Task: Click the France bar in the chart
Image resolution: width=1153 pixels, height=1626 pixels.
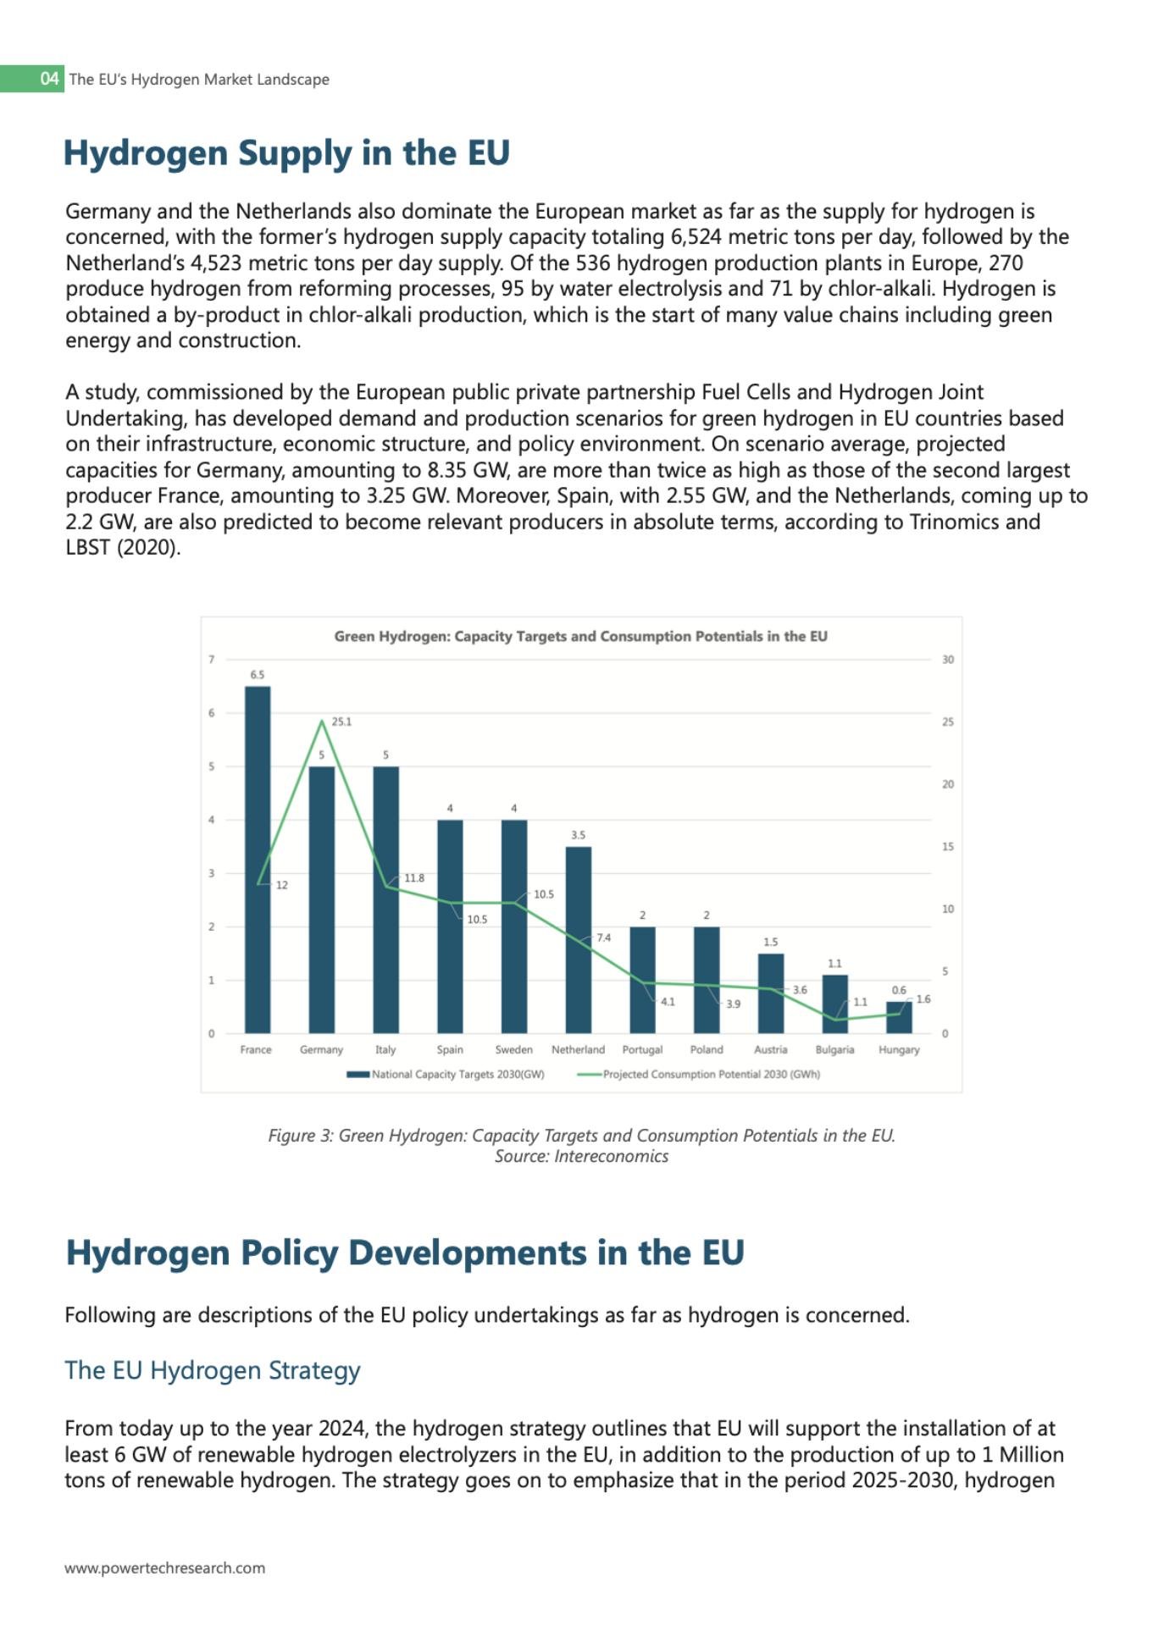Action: [x=258, y=859]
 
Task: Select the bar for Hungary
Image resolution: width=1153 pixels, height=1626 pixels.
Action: [x=899, y=1017]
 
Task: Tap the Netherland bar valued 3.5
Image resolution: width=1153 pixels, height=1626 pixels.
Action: [x=578, y=939]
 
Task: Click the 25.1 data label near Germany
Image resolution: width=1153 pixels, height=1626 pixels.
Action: [x=341, y=722]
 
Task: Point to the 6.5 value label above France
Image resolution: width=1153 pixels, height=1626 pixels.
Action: [x=257, y=675]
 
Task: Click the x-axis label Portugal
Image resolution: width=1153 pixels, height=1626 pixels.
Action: [x=642, y=1049]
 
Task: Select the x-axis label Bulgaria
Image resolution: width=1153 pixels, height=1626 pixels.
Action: [x=834, y=1049]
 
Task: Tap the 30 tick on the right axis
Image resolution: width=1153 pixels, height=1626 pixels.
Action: [x=948, y=660]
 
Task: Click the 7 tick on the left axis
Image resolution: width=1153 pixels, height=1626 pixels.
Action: [x=212, y=660]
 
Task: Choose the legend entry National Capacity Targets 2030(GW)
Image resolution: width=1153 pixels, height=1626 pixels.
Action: [x=457, y=1074]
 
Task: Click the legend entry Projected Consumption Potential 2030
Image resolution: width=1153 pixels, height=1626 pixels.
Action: [x=711, y=1074]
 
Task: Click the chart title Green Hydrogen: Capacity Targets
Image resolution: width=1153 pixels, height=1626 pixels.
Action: [x=580, y=636]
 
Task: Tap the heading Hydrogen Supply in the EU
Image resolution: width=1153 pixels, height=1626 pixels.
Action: [x=286, y=153]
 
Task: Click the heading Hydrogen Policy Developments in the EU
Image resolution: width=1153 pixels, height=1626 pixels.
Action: [x=405, y=1253]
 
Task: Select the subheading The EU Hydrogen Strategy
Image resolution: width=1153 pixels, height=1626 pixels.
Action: [x=213, y=1370]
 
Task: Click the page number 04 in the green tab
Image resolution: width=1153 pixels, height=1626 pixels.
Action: [x=50, y=79]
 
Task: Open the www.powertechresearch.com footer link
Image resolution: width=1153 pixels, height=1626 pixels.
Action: [x=165, y=1568]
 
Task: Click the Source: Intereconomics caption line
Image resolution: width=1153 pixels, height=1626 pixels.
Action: [x=581, y=1156]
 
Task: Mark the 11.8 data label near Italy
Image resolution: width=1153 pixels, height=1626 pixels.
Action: [x=414, y=878]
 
